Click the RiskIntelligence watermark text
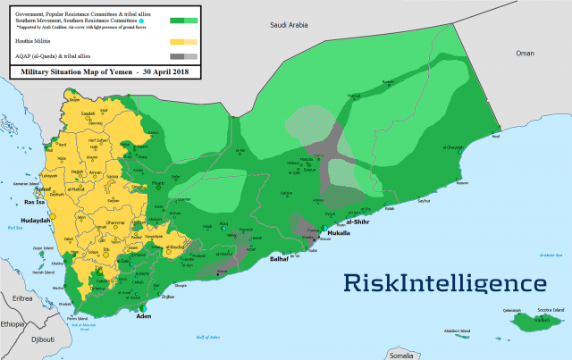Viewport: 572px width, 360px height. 445,284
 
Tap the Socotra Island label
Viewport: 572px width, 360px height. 545,310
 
